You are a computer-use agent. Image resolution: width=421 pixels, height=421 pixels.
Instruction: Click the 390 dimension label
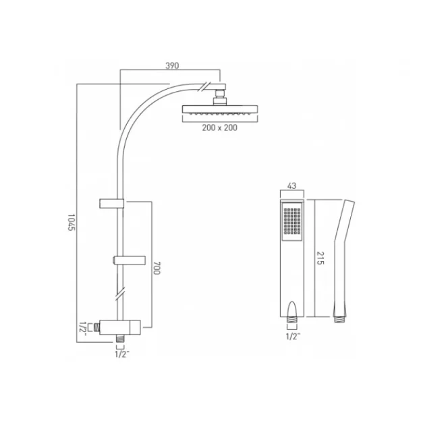(x=171, y=65)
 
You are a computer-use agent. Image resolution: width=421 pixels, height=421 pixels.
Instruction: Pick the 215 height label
(x=320, y=258)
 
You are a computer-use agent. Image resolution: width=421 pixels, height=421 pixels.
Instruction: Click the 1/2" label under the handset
(x=291, y=335)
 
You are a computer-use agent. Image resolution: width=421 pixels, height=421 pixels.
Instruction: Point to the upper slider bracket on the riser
(x=112, y=202)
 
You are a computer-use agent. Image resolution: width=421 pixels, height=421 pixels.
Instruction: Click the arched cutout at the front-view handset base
(x=291, y=312)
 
